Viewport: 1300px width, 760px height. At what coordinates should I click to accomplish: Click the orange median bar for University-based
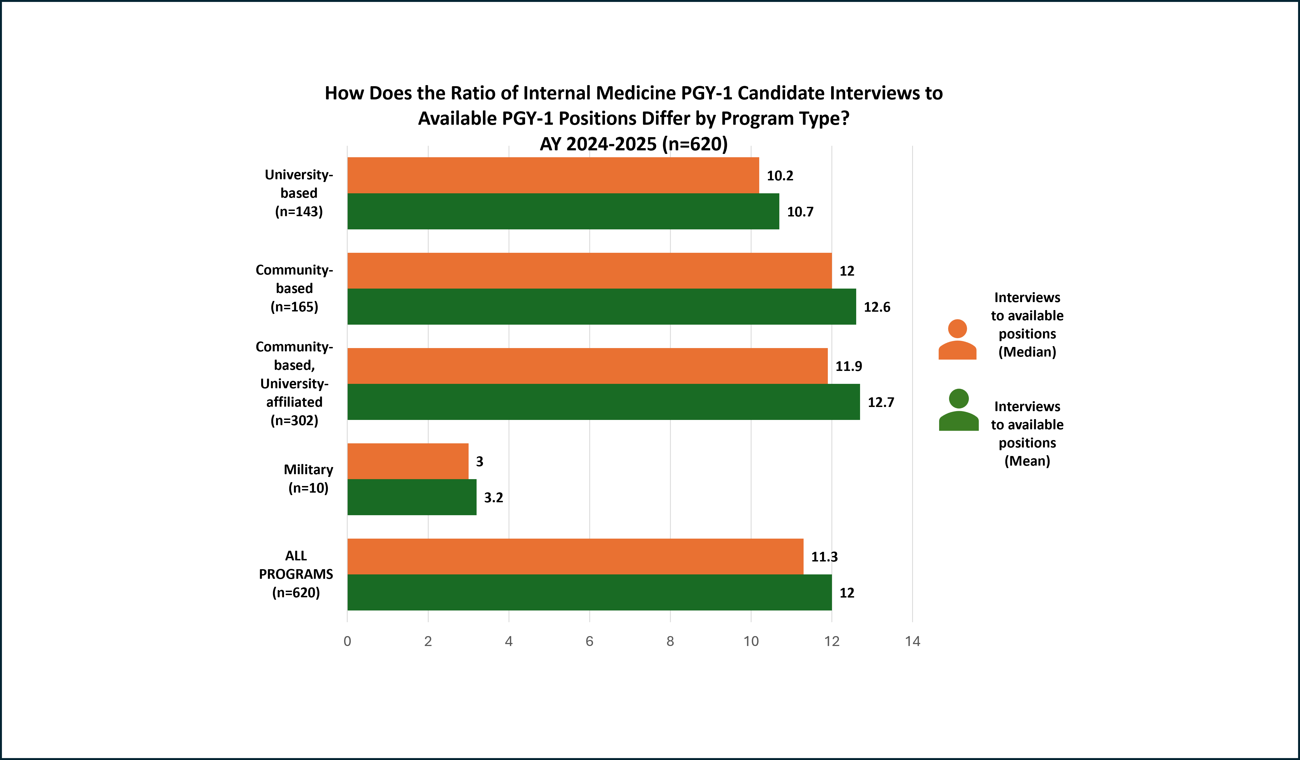coord(553,175)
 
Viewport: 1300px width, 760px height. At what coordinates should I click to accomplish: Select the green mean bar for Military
coord(412,497)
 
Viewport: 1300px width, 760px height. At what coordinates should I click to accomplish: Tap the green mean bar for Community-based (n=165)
coord(601,307)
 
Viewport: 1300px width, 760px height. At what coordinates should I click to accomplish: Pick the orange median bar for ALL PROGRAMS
coord(575,556)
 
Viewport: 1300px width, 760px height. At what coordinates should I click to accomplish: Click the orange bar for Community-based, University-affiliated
coord(587,366)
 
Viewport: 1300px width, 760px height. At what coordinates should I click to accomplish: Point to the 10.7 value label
coord(800,212)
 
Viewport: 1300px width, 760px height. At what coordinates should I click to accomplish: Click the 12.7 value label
coord(881,402)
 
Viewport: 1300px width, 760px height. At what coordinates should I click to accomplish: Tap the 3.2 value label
coord(493,498)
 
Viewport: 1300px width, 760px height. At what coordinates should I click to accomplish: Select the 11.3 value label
coord(824,557)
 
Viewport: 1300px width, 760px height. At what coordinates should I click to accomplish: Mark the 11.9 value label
coord(848,366)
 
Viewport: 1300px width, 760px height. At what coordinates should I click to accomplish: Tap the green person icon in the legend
coord(958,410)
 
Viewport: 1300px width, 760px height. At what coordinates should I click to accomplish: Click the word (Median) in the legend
coord(1027,352)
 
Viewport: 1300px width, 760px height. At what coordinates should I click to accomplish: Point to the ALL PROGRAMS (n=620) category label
coord(296,574)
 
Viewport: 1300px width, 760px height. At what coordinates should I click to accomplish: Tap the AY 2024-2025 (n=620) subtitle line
coord(634,144)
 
